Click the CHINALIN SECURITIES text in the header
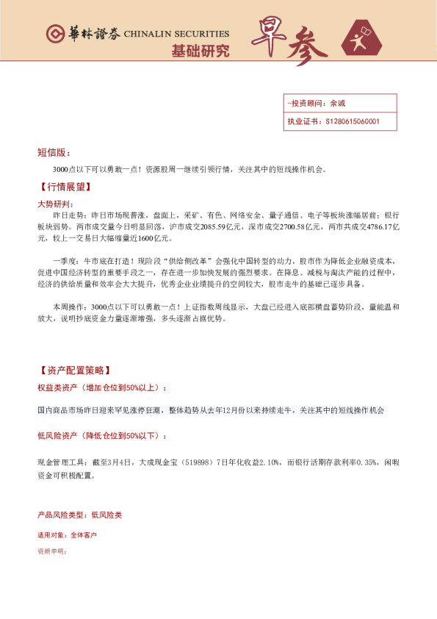pyautogui.click(x=176, y=33)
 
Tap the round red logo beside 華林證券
pyautogui.click(x=54, y=34)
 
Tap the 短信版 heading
pyautogui.click(x=54, y=152)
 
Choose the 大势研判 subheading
pyautogui.click(x=55, y=202)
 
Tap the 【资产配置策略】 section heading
pyautogui.click(x=75, y=370)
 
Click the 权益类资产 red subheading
pyautogui.click(x=101, y=387)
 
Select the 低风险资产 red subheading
pyautogui.click(x=98, y=435)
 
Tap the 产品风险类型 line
pyautogui.click(x=79, y=515)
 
